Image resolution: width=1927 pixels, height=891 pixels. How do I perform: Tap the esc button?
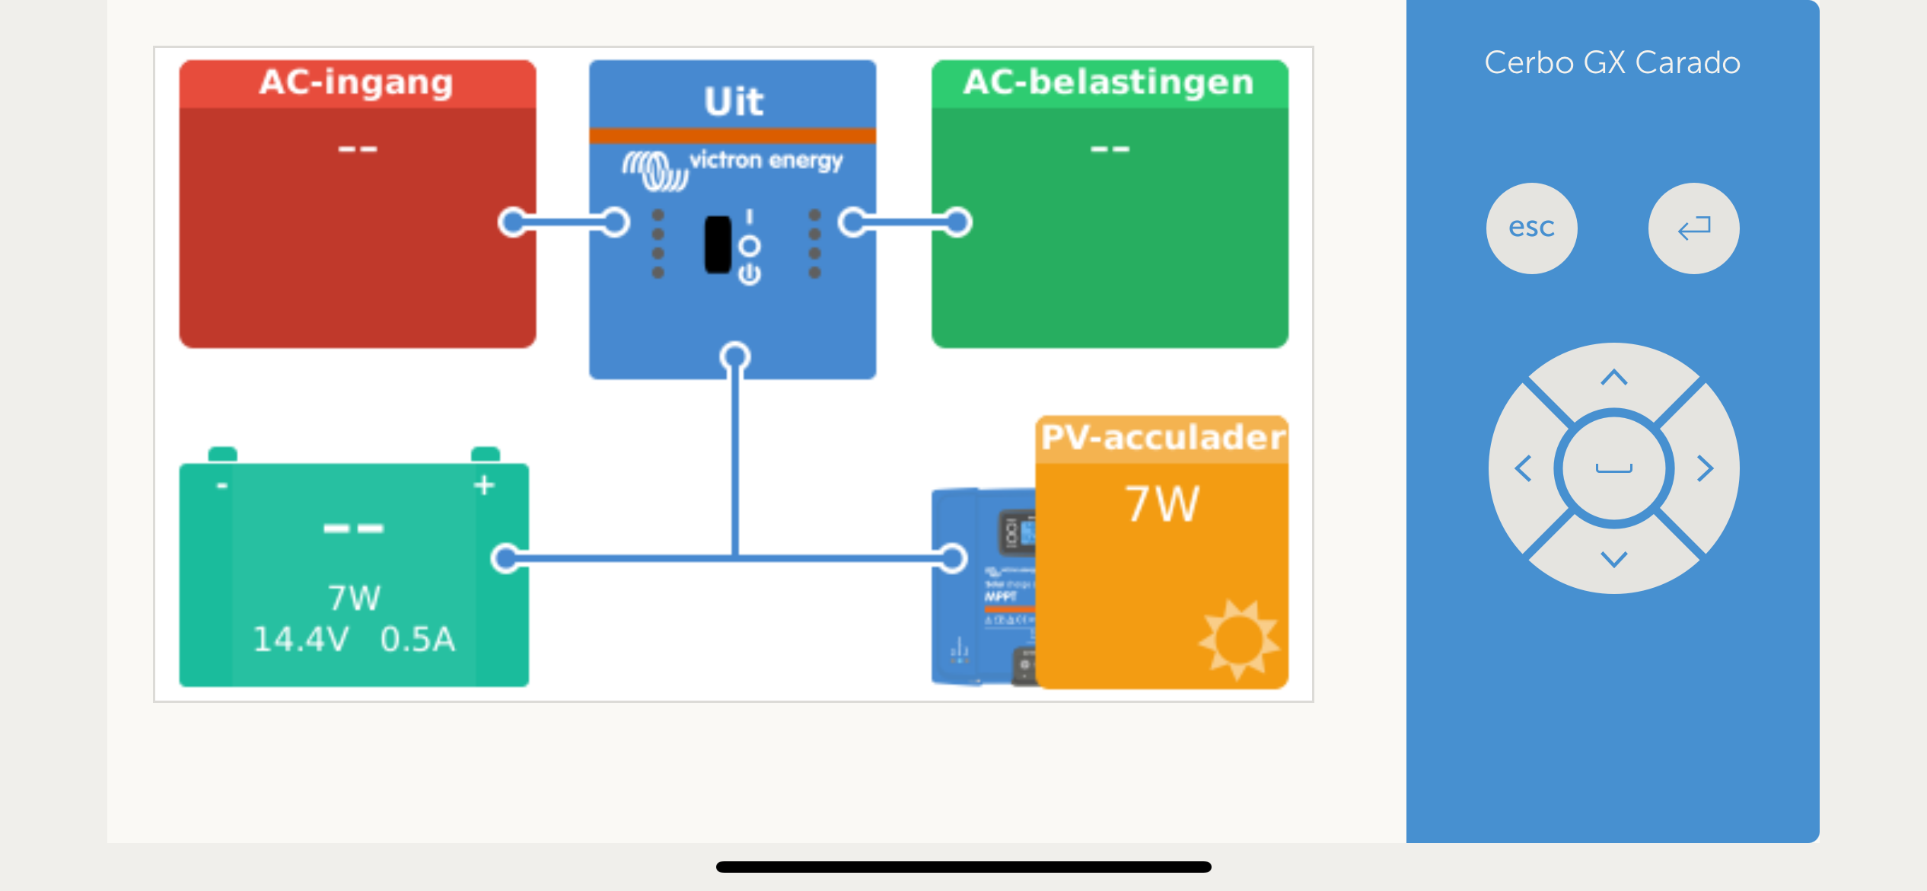1531,228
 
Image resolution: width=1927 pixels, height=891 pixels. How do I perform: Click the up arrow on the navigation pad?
1613,378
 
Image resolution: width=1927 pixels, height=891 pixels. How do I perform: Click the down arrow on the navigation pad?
1613,560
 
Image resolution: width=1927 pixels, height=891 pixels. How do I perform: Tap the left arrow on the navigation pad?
1523,468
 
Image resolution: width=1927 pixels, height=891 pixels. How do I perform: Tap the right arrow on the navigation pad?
1705,468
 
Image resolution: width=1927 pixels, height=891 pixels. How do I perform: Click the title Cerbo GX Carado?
1612,62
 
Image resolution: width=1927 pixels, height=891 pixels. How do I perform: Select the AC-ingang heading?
356,82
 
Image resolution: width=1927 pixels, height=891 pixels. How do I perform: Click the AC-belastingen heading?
1108,82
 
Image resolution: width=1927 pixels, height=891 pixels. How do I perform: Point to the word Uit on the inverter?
733,101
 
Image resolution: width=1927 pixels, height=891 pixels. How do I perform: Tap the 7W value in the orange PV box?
1162,503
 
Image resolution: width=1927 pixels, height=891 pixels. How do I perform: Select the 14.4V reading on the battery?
301,640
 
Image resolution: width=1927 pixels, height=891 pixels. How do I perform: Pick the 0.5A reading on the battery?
417,640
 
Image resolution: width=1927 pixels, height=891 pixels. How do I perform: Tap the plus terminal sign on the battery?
484,485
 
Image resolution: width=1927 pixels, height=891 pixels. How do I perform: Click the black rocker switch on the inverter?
717,244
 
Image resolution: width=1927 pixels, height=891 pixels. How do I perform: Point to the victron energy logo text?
766,161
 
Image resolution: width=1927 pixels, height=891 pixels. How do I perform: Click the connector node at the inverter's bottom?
734,356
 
